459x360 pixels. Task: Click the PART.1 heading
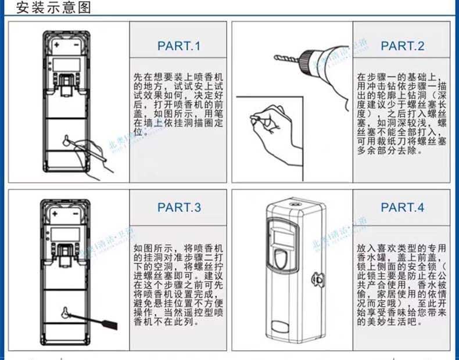coord(178,46)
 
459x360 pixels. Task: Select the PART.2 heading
coord(402,46)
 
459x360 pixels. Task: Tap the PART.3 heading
coord(178,207)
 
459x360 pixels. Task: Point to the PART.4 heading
coord(402,207)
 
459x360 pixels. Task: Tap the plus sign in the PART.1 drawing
coord(58,44)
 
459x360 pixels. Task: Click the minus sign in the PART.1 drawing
coord(76,44)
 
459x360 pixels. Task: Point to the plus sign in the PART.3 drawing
coord(57,214)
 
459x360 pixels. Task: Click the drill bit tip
coord(275,57)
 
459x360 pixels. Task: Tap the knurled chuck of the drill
coord(305,60)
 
